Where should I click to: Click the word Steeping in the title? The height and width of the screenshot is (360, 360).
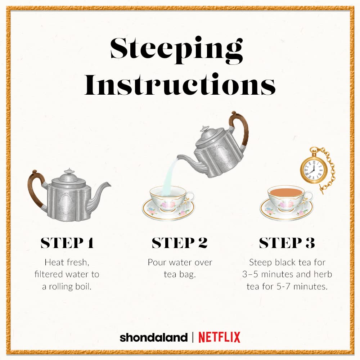pyautogui.click(x=176, y=50)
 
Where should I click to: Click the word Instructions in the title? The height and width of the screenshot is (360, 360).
pyautogui.click(x=180, y=84)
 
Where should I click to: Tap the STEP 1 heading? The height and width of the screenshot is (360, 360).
pyautogui.click(x=67, y=243)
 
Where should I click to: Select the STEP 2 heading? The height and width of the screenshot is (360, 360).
pyautogui.click(x=180, y=243)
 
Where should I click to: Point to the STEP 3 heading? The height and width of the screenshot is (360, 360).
pyautogui.click(x=287, y=243)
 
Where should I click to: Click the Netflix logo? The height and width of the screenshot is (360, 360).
pyautogui.click(x=219, y=337)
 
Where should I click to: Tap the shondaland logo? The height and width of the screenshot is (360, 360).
pyautogui.click(x=154, y=338)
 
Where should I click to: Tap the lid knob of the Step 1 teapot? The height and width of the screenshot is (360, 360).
pyautogui.click(x=69, y=171)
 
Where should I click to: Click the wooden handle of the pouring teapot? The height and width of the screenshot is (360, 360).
pyautogui.click(x=240, y=129)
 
